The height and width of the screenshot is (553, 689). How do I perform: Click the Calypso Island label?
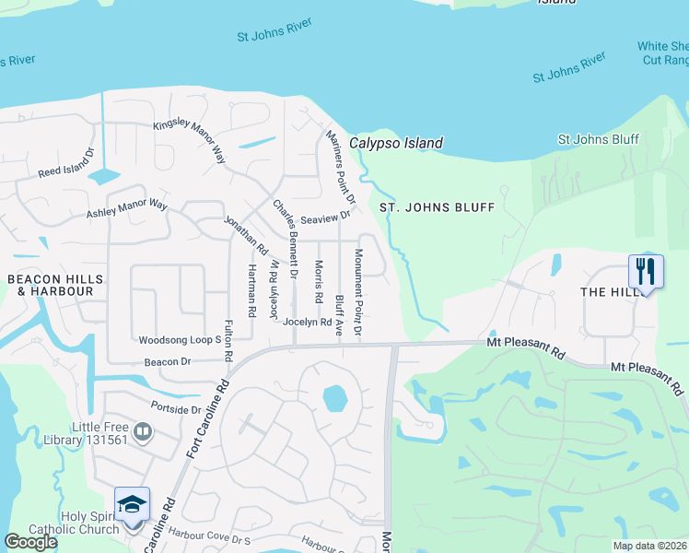(x=395, y=143)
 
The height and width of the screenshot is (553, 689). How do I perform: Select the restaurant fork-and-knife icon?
(x=646, y=271)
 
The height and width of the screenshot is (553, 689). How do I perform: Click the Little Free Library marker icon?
(x=142, y=431)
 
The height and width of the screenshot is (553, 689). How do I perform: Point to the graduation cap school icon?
(x=132, y=503)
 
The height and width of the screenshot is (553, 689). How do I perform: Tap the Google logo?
(x=30, y=542)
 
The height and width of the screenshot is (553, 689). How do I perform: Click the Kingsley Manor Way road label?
(x=190, y=141)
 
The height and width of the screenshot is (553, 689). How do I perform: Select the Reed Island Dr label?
(x=66, y=163)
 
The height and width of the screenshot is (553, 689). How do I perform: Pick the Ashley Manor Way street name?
(x=127, y=209)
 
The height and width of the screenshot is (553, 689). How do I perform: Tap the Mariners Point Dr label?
(x=341, y=166)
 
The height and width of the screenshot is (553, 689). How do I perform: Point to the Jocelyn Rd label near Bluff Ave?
(x=307, y=322)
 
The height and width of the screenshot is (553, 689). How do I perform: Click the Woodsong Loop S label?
(x=181, y=340)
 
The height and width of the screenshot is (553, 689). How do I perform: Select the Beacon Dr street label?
(x=166, y=362)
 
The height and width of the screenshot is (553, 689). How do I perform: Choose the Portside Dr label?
(x=176, y=409)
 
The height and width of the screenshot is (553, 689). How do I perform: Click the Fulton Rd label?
(x=228, y=340)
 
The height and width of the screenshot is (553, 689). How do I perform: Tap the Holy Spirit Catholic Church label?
(x=89, y=523)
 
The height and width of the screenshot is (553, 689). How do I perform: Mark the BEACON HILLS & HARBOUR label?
(x=50, y=285)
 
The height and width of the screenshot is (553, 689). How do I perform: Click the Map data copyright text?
(x=648, y=546)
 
